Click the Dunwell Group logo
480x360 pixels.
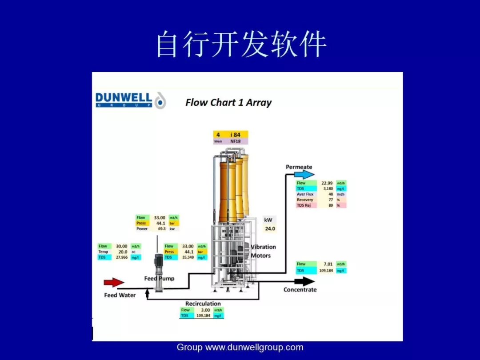point(130,100)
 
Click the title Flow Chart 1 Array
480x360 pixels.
point(228,103)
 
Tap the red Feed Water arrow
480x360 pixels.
point(114,282)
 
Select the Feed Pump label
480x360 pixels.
point(159,278)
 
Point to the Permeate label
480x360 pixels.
point(299,167)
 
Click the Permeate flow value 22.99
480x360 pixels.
point(327,183)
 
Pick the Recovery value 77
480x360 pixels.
point(330,200)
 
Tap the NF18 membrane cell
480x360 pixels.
point(235,141)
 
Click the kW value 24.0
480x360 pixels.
point(270,229)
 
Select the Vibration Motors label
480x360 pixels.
point(263,251)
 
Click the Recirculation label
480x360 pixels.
point(203,304)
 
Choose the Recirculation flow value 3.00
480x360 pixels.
point(204,310)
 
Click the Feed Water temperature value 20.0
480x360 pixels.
point(123,252)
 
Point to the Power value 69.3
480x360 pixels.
point(161,229)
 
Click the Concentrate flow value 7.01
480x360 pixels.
point(328,264)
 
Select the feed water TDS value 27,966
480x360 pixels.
point(122,257)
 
